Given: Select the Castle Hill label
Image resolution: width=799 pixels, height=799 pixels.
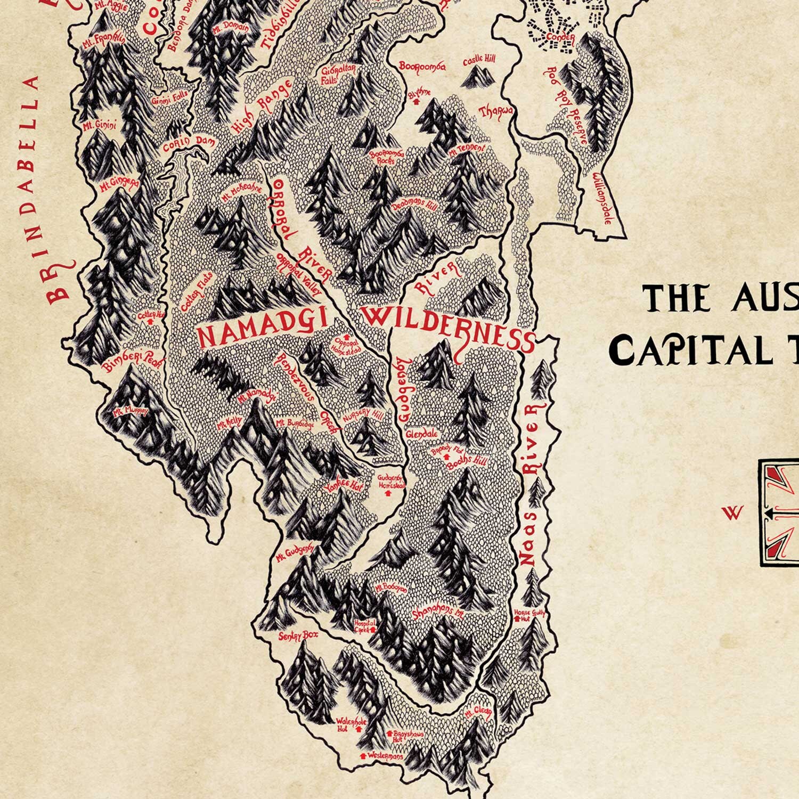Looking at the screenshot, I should click(479, 60).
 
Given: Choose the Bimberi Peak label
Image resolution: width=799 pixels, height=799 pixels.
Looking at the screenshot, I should click(127, 362).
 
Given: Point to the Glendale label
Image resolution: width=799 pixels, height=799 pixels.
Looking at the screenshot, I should click(421, 434).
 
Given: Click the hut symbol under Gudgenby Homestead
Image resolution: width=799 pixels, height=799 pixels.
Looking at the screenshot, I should click(387, 493).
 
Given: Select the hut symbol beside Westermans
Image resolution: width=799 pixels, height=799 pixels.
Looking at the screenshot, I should click(363, 755).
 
